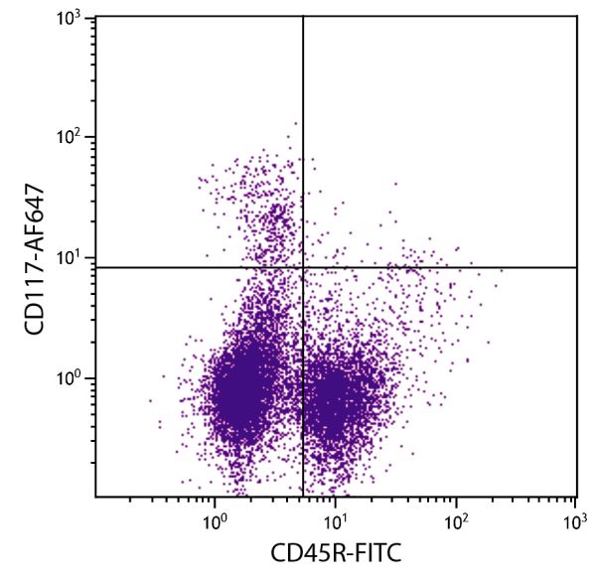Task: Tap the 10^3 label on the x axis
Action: click(575, 520)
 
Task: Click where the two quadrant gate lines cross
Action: click(303, 267)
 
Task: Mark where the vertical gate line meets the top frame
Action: click(303, 16)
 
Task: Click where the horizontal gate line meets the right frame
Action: click(577, 267)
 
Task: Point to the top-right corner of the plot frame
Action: click(577, 16)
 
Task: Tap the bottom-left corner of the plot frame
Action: click(95, 497)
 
